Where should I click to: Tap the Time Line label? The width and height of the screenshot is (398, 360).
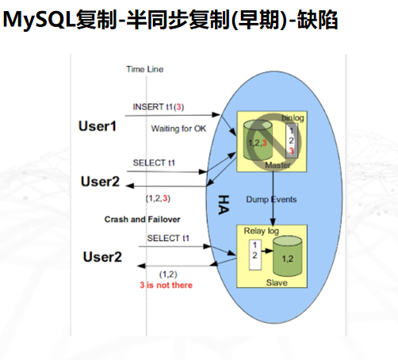tap(144, 69)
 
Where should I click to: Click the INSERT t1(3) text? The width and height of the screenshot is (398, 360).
tap(159, 106)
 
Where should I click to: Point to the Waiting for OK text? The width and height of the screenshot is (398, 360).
tap(178, 128)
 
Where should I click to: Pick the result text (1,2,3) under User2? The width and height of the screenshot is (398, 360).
tap(159, 197)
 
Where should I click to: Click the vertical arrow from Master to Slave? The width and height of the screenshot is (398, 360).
tap(274, 198)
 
